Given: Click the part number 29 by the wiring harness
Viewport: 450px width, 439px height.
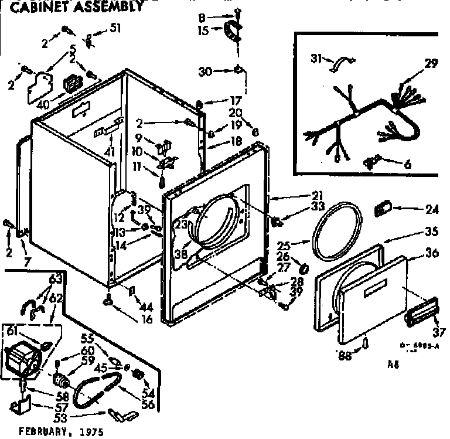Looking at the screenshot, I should (431, 64).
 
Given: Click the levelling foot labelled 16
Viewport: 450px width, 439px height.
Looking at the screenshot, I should (108, 302).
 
